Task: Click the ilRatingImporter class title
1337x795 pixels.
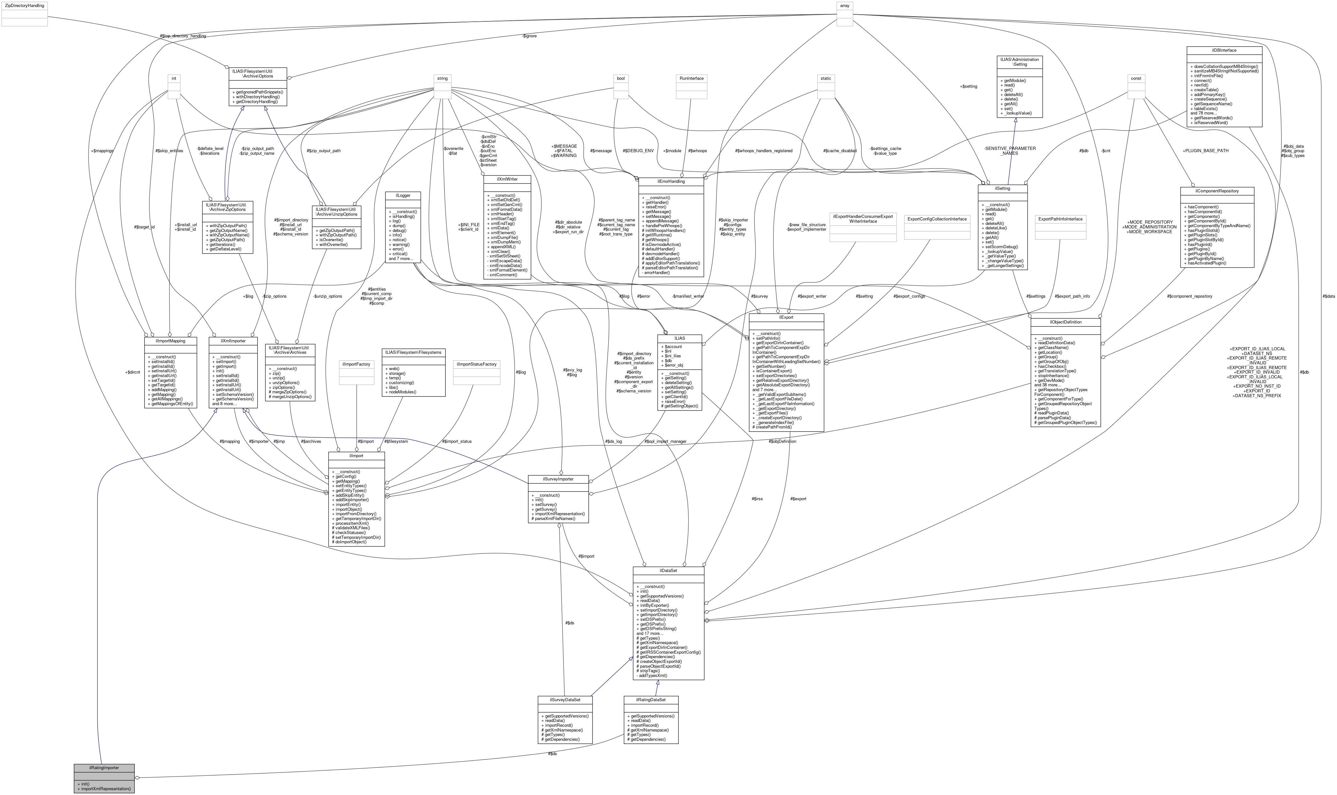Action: coord(104,768)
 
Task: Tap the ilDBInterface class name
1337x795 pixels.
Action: coord(1224,50)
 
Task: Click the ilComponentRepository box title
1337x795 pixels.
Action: coord(1216,191)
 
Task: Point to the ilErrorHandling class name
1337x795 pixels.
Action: coord(671,182)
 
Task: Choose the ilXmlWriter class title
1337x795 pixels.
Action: coord(507,179)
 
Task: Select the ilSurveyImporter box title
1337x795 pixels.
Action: coord(558,479)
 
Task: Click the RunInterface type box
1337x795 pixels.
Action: coord(691,78)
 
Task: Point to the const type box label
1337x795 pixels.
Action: coord(1136,78)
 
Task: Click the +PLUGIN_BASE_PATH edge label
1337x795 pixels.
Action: coord(1205,151)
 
